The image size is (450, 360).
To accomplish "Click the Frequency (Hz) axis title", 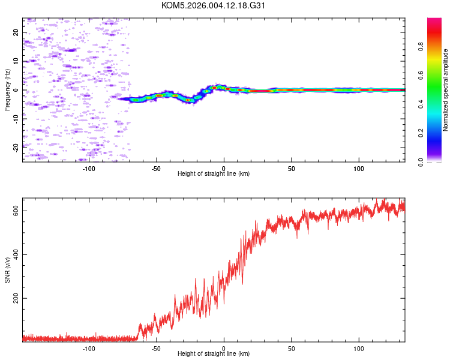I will (7, 90).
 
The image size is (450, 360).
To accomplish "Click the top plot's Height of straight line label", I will (214, 173).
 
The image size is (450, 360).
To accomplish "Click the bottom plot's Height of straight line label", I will (214, 354).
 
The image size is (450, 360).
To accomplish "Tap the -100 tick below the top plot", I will (89, 167).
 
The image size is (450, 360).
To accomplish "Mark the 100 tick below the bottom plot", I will (359, 348).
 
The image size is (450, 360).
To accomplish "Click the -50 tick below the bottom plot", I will (156, 348).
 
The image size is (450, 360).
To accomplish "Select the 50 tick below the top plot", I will (291, 167).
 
